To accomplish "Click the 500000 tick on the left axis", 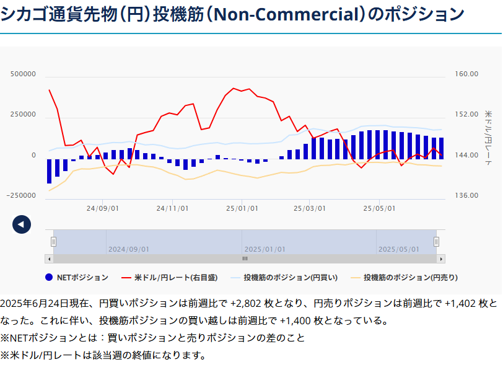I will (x=24, y=74).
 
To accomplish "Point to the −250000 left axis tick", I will (x=22, y=195).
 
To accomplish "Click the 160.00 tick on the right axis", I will (x=466, y=74).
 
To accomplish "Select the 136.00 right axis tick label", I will (x=466, y=195).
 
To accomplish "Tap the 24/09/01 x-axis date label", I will (x=103, y=208).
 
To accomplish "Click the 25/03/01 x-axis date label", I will (x=309, y=208).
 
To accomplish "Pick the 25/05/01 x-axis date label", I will (x=379, y=208).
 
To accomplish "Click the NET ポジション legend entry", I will (x=77, y=277).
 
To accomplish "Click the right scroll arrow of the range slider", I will (x=441, y=259).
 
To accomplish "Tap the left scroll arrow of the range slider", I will (x=49, y=259).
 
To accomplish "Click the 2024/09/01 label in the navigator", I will (x=129, y=249).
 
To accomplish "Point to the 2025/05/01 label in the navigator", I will (x=399, y=249).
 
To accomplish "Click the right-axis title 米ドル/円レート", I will (x=488, y=134).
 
